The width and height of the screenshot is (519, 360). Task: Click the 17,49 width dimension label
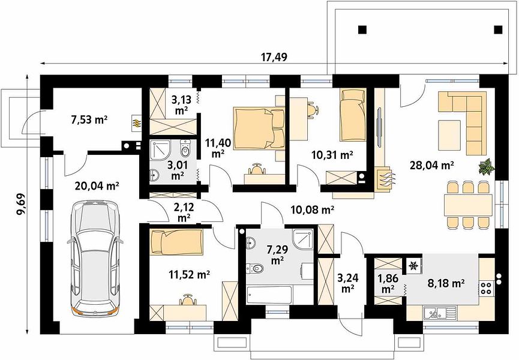(274, 57)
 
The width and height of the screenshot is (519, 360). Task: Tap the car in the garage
(95, 259)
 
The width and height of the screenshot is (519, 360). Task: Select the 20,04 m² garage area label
(97, 186)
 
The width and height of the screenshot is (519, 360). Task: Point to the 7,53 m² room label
(89, 119)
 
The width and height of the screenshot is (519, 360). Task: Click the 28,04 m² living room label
(431, 165)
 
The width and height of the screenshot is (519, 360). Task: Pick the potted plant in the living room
(487, 166)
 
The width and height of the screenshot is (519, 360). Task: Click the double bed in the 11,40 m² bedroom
(259, 128)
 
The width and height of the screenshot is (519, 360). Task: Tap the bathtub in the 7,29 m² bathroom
(269, 295)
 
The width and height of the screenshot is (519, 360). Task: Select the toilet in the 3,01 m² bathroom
(185, 149)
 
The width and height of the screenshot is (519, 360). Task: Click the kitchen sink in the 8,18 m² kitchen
(440, 312)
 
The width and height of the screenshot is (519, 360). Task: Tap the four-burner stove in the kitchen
(486, 287)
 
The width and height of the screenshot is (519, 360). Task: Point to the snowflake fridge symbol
(413, 265)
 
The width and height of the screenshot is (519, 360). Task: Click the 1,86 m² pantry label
(388, 284)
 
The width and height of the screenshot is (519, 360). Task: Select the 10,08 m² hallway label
(312, 209)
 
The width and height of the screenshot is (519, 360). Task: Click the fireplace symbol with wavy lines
(384, 179)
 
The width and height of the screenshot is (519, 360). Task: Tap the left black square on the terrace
(362, 30)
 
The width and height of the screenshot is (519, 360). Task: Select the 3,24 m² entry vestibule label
(347, 283)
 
